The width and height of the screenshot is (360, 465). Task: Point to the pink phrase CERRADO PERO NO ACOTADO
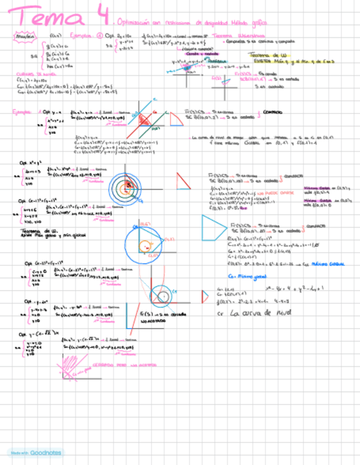click(x=131, y=364)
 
